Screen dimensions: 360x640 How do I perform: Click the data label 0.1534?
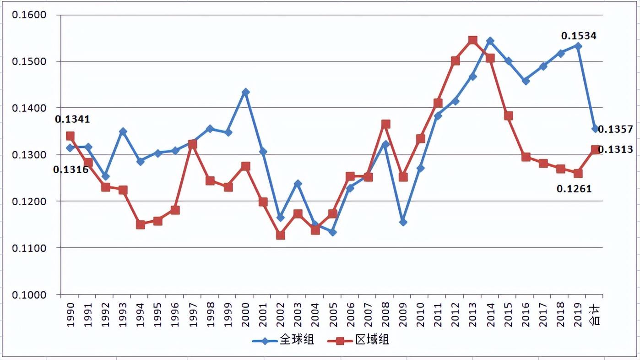pos(579,36)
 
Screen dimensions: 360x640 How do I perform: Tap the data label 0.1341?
pos(72,120)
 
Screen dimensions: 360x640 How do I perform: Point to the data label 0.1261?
pos(574,188)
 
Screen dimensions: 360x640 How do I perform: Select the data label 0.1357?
pos(615,130)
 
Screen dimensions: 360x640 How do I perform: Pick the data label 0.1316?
pos(71,169)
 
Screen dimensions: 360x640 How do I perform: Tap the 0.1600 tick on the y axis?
pos(30,15)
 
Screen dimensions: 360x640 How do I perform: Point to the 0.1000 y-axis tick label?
pos(30,295)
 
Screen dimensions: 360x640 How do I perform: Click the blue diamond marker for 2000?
pos(246,92)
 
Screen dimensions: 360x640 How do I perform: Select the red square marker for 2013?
pos(473,40)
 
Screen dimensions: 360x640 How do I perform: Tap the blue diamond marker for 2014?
pos(490,41)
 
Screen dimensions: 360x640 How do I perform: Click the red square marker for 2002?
pos(281,235)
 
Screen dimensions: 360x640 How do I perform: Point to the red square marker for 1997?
pos(193,145)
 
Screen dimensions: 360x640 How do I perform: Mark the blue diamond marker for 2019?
pos(578,46)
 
